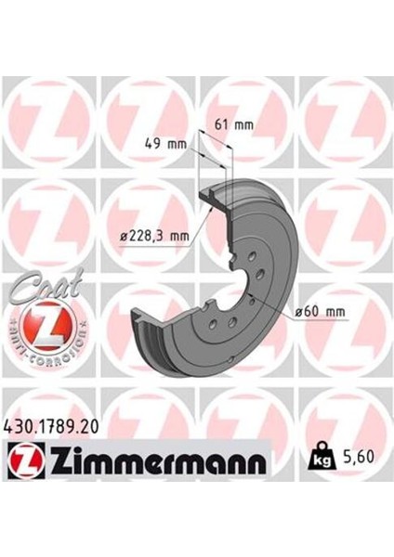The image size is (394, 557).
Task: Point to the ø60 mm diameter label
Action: [x=317, y=311]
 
